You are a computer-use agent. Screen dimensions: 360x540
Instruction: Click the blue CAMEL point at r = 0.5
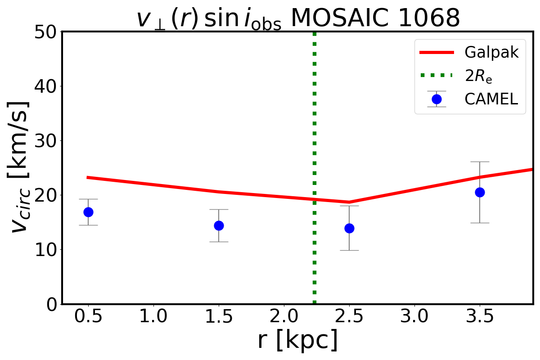(x=88, y=212)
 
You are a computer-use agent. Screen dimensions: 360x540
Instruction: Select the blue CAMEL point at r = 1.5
(x=219, y=225)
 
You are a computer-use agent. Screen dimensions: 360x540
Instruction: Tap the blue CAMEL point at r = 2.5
(x=349, y=228)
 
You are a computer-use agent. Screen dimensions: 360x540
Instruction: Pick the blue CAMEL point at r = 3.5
(x=480, y=192)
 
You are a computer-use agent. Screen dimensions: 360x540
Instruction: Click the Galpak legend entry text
(x=491, y=53)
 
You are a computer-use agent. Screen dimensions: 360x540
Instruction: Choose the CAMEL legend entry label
(x=491, y=99)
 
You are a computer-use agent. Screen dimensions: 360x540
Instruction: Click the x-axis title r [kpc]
(x=297, y=341)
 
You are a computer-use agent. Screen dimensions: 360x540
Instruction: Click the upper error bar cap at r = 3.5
(x=480, y=162)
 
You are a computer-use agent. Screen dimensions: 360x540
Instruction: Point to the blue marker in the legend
(x=436, y=99)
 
